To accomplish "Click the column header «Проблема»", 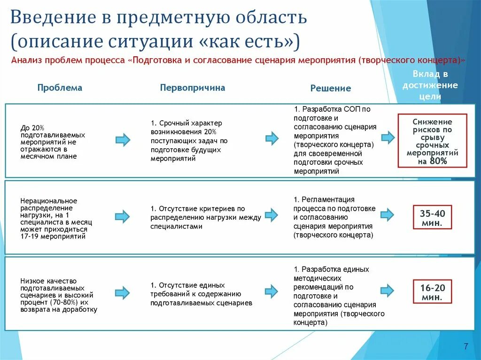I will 60,88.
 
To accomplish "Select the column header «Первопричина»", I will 192,88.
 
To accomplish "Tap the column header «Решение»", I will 330,88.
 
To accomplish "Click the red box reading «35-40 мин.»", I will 432,218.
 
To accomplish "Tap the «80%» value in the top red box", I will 439,161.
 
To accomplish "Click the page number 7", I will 465,347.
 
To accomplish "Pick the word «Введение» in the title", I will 52,18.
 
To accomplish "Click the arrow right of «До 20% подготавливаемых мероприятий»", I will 123,140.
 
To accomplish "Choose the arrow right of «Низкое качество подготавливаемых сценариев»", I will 123,293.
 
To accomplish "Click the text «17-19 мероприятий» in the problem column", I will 53,237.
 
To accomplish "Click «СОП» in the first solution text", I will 352,109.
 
